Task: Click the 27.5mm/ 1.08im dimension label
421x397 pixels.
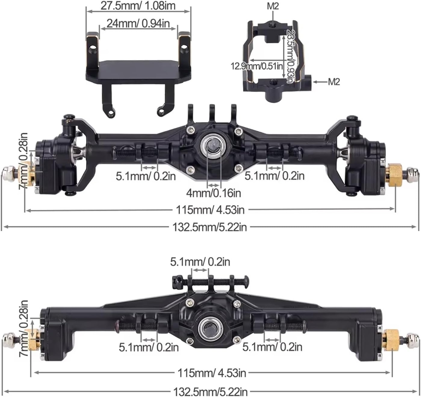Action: [x=138, y=6]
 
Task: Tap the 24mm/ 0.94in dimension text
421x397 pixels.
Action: [x=138, y=23]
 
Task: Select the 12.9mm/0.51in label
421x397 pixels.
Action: [x=257, y=66]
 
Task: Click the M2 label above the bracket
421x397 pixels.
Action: [x=273, y=6]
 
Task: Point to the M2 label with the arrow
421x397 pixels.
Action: [x=334, y=82]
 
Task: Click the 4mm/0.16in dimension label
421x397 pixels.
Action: [x=213, y=193]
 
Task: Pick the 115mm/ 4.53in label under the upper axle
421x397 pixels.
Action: [x=210, y=210]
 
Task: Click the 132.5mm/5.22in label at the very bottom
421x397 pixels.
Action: [x=210, y=392]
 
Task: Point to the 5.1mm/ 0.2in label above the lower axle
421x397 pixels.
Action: [x=200, y=262]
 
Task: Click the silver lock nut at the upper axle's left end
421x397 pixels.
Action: [x=8, y=174]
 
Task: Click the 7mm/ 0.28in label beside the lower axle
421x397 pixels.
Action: [x=24, y=328]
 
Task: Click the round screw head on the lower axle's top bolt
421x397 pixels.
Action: [x=246, y=281]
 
